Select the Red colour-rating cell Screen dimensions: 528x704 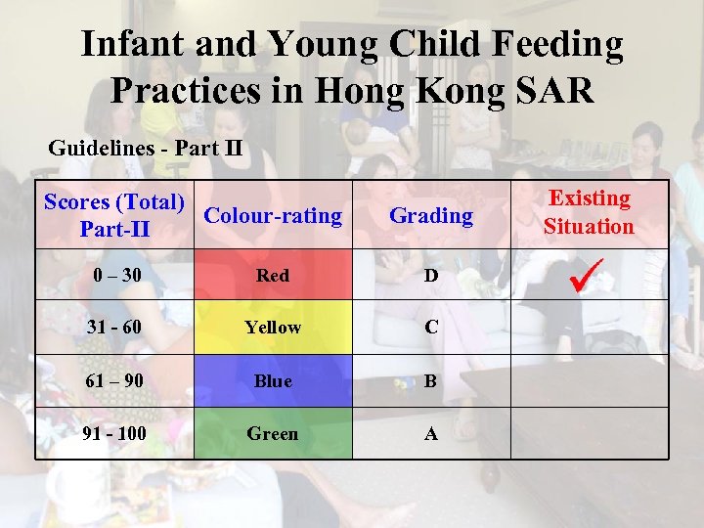click(x=273, y=276)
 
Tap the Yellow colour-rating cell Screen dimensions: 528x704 click(x=273, y=328)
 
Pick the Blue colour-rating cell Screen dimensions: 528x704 click(x=273, y=381)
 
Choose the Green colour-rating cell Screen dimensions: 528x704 click(x=273, y=433)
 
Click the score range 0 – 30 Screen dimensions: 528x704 click(x=114, y=276)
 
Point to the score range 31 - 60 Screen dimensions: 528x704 click(x=114, y=328)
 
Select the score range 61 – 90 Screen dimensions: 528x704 click(x=114, y=381)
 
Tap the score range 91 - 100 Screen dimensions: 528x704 click(x=114, y=433)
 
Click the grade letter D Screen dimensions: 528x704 click(x=431, y=276)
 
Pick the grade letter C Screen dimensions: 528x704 click(x=431, y=328)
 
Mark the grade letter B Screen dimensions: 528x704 click(x=431, y=381)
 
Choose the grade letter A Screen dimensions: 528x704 click(x=431, y=433)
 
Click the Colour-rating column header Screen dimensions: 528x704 click(x=274, y=215)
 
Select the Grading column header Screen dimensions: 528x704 click(x=431, y=215)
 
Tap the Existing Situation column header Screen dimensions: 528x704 click(x=589, y=212)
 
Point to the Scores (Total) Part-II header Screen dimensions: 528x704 click(x=114, y=215)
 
